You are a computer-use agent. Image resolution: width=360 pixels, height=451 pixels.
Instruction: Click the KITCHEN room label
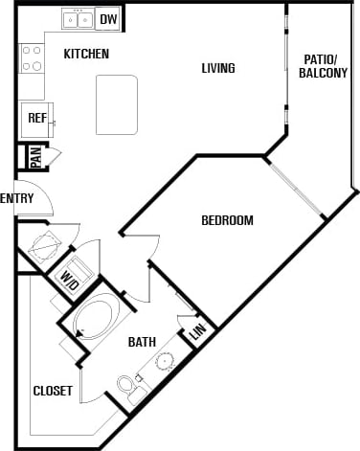86,55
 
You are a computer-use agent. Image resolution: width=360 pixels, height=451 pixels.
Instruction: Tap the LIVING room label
217,68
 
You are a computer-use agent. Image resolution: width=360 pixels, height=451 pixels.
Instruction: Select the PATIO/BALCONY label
323,65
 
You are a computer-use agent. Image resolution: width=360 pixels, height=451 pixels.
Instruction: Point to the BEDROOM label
227,220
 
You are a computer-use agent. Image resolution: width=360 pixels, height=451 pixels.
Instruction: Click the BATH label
142,341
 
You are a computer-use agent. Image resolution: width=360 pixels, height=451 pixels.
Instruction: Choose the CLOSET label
53,391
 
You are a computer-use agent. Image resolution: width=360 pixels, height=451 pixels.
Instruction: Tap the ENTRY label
17,198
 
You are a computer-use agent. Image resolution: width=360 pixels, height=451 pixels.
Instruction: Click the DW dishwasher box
108,18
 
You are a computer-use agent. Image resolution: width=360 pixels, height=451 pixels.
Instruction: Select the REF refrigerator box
37,119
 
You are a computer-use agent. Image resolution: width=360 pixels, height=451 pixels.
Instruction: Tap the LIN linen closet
198,331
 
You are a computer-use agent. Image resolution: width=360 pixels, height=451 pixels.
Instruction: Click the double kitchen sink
77,18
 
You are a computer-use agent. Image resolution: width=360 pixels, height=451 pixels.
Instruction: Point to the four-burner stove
32,58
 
